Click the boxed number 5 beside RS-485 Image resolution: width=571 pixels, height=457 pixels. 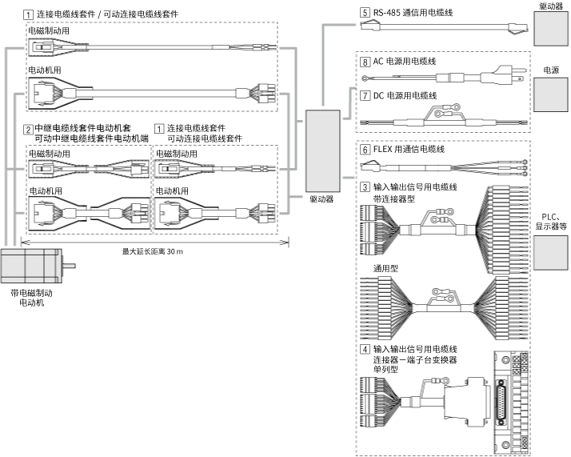tap(365, 13)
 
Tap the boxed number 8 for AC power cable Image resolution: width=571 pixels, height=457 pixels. tap(365, 61)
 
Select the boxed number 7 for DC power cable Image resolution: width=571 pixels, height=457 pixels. tap(365, 95)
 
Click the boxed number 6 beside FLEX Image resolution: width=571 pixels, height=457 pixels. tap(365, 149)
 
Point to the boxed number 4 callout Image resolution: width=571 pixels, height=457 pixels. tap(365, 349)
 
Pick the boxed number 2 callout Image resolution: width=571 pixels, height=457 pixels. tap(28, 129)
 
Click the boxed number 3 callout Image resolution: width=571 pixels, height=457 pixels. tap(365, 186)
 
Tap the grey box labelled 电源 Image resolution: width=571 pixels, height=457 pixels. tap(549, 95)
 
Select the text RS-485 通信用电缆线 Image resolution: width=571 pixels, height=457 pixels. tap(416, 13)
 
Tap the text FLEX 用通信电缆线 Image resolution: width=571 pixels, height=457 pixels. tap(409, 149)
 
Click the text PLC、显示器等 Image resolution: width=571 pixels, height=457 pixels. tap(551, 221)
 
